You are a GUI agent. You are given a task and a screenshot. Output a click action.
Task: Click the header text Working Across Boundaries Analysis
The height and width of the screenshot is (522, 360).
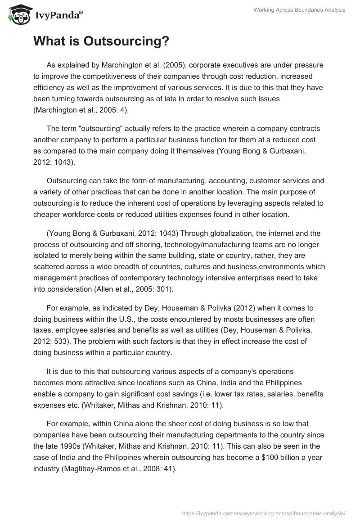click(x=299, y=10)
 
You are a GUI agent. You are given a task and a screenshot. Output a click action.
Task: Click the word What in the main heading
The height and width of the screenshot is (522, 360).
click(x=49, y=41)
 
